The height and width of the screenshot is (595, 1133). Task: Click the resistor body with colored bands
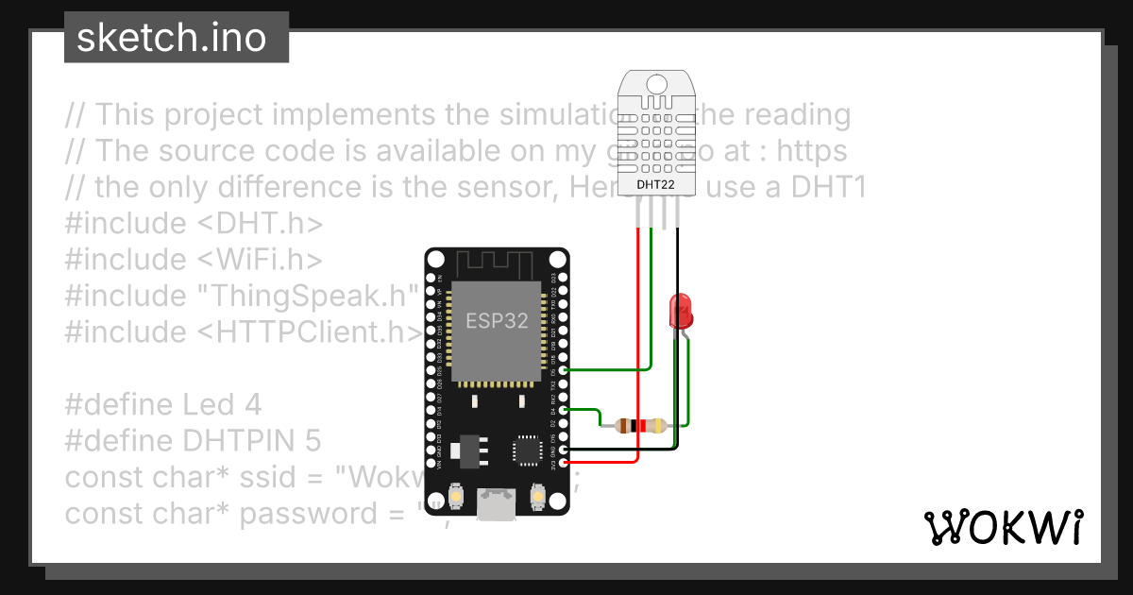[640, 425]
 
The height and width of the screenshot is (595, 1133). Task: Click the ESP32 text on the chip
[497, 319]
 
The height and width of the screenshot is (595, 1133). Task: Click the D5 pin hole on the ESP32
[565, 370]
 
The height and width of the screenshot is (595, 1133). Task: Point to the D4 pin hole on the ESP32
[565, 410]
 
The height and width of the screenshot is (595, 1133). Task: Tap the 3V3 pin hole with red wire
[565, 462]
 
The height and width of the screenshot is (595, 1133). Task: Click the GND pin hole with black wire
[565, 450]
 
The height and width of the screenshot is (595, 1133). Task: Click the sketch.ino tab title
[171, 38]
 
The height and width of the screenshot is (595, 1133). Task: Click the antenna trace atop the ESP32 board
[497, 262]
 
